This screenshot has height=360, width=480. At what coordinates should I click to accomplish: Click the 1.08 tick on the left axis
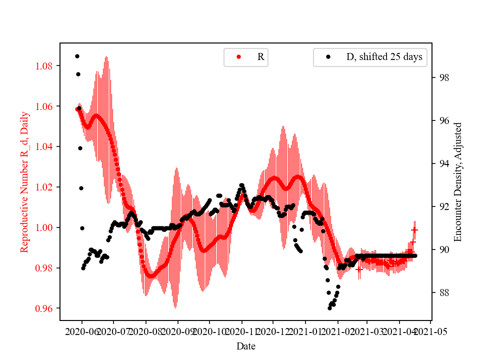coord(45,66)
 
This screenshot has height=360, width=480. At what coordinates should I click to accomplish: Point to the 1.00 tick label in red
coord(45,227)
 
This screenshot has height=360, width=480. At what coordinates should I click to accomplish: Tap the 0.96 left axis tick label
coord(45,308)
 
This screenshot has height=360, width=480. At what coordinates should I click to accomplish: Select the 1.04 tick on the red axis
coord(45,146)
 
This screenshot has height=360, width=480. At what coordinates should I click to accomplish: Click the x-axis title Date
coord(246,346)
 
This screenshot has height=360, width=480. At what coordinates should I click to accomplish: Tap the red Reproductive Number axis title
coord(24,181)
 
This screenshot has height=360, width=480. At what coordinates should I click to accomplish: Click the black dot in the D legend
coord(328,57)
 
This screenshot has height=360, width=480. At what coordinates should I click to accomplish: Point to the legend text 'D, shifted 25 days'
coord(384,57)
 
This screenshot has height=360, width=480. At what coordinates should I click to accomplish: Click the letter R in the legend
coord(260,57)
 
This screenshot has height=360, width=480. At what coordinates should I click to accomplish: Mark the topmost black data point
coord(77,56)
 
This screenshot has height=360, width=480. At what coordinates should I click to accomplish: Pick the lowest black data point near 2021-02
coord(329,308)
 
